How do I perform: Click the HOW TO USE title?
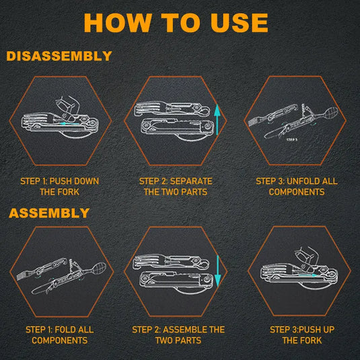tap(176, 22)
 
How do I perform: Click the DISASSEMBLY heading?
tap(59, 56)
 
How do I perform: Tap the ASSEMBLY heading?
tap(49, 213)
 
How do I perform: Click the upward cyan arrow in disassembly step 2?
tap(217, 120)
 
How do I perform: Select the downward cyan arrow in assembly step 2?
tap(217, 271)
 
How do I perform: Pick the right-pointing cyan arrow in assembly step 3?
tap(308, 275)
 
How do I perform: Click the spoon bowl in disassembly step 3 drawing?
tap(330, 112)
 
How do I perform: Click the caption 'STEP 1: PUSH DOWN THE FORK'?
tap(59, 186)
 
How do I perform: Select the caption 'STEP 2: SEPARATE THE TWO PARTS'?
tap(176, 186)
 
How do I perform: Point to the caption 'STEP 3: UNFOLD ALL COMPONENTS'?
tap(297, 186)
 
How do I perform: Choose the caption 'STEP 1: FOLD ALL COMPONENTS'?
tap(60, 335)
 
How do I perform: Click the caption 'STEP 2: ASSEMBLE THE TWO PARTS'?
tap(178, 335)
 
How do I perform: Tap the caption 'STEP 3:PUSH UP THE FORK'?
tap(302, 335)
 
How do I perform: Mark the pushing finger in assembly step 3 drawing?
tap(307, 259)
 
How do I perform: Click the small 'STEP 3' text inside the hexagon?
tap(292, 139)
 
